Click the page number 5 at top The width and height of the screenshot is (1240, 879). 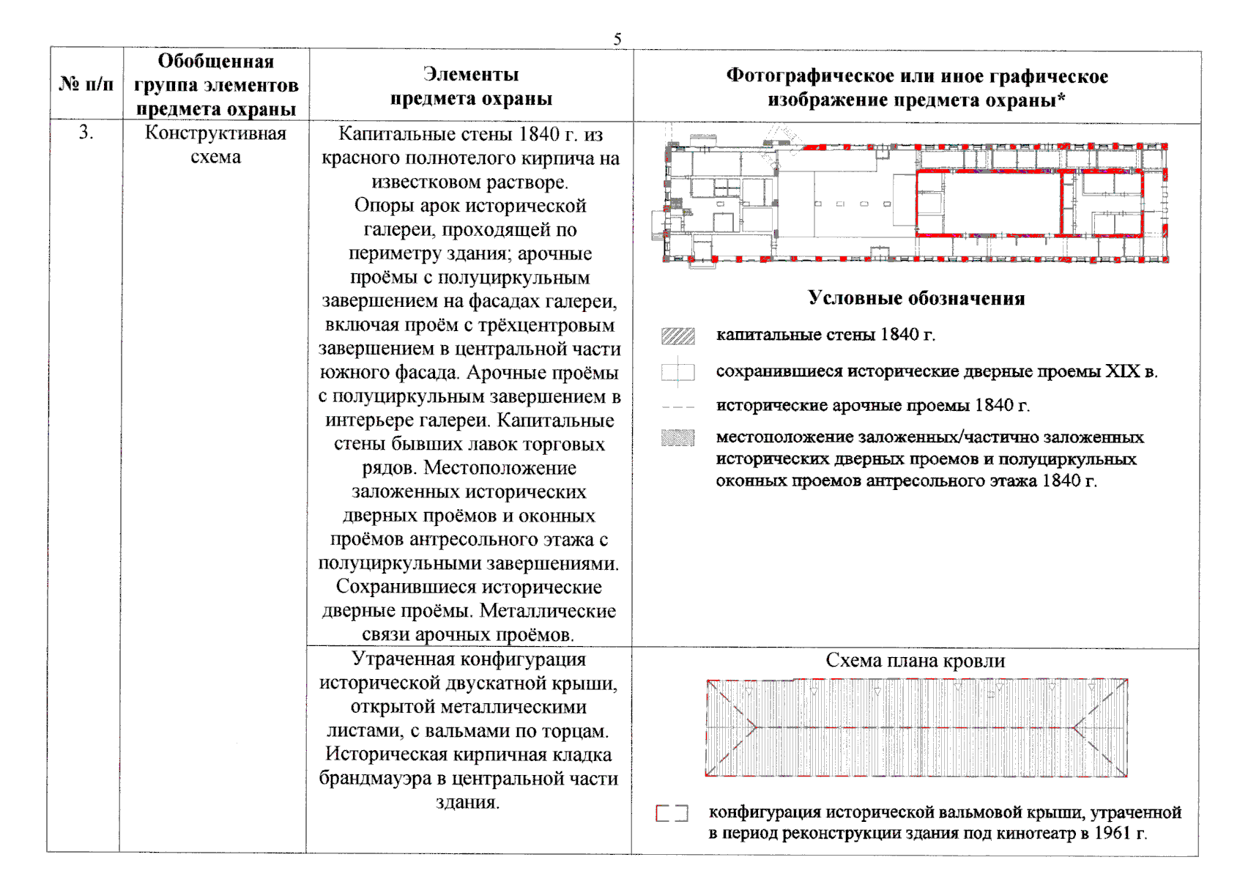click(x=617, y=39)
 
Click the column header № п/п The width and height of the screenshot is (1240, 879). click(x=86, y=84)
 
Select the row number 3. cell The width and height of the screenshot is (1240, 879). click(x=86, y=133)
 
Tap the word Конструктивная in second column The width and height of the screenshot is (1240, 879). click(x=215, y=133)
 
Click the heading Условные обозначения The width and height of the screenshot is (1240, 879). click(x=916, y=298)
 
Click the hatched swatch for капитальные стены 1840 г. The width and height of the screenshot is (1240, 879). click(x=677, y=336)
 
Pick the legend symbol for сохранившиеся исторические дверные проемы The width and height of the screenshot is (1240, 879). click(x=677, y=372)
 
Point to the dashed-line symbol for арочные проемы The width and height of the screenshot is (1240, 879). click(x=677, y=407)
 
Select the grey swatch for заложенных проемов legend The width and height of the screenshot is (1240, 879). click(x=677, y=438)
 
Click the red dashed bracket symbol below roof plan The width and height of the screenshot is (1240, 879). click(x=672, y=813)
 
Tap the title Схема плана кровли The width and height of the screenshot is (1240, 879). click(x=916, y=661)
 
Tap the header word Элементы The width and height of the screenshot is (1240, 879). click(x=470, y=75)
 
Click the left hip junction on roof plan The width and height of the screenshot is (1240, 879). click(x=754, y=727)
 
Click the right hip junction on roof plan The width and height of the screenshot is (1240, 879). click(x=1074, y=727)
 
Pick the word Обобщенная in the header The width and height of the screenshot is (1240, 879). click(x=215, y=62)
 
